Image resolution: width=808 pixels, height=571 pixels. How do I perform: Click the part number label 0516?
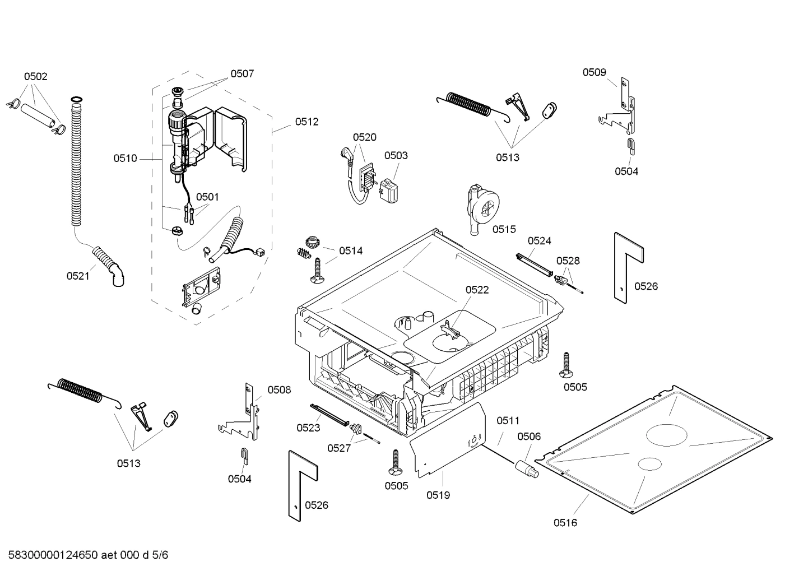click(565, 523)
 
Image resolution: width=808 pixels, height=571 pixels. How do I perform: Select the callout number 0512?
click(307, 122)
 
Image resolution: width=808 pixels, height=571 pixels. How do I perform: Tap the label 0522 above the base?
click(477, 290)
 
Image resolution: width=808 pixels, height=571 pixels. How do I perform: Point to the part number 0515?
click(504, 229)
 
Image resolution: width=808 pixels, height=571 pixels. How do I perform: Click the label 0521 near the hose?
click(78, 276)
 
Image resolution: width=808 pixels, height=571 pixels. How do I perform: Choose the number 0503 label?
click(396, 155)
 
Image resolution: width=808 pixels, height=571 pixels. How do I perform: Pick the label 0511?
click(508, 420)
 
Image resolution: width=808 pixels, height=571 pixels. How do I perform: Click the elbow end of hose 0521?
click(119, 277)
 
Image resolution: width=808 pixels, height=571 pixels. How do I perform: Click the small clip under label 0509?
click(630, 146)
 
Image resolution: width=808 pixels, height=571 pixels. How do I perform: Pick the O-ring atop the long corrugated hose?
click(76, 100)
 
